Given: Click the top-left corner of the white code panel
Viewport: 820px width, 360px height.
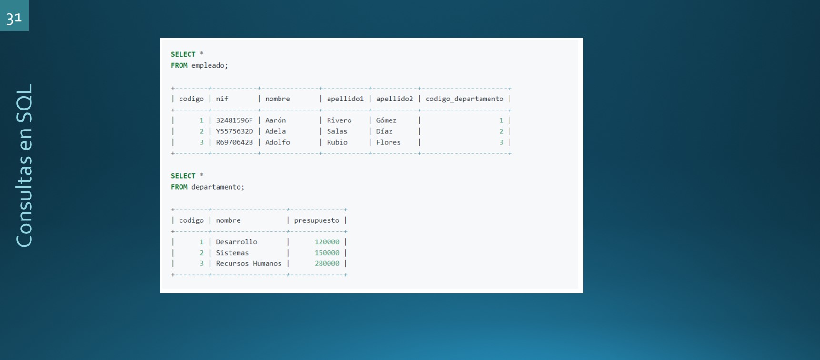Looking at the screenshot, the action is pos(160,38).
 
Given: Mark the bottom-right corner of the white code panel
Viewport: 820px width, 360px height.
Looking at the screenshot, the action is pos(583,293).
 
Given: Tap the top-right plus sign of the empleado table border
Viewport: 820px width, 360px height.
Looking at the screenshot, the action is pos(510,88).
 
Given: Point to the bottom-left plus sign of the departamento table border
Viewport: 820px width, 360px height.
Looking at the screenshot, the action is pos(173,275).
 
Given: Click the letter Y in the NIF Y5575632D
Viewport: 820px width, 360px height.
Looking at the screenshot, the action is pos(218,131).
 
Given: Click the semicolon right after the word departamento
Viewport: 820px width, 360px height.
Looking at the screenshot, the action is pos(243,187).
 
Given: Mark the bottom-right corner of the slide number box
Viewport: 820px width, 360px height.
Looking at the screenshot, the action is pos(29,31).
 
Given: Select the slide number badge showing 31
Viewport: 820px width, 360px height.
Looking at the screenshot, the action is pos(14,16).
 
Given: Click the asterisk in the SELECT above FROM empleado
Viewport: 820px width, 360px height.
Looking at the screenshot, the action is pos(201,53).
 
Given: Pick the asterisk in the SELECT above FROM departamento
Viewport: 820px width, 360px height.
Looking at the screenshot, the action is pos(201,175).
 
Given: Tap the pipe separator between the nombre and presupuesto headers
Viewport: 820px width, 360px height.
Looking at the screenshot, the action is pos(288,220).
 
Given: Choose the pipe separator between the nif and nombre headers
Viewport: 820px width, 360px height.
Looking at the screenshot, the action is pos(259,99).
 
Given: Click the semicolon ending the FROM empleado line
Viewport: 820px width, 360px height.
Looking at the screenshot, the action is pos(227,66).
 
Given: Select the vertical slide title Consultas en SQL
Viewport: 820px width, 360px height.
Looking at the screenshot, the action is pos(24,165).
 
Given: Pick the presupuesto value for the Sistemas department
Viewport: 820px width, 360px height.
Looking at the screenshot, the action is pos(327,253).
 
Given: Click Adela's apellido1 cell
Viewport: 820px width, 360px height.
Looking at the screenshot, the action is pos(337,131).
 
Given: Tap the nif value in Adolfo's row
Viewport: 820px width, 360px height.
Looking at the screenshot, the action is pos(234,142).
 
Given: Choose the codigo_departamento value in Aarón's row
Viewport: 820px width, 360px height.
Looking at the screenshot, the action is pos(501,120).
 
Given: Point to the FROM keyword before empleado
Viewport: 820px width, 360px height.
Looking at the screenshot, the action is pos(179,65).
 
